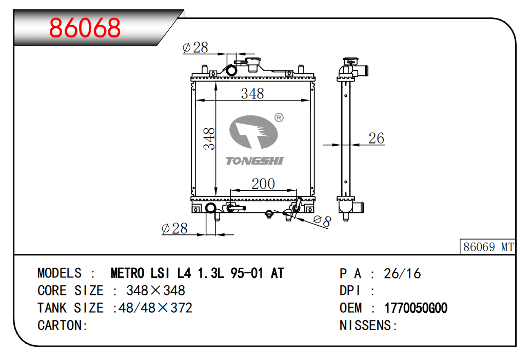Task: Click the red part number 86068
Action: point(85,28)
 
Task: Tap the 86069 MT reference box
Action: point(488,247)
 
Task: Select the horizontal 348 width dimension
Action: point(252,93)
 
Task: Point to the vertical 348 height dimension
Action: point(209,138)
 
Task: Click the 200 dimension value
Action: point(263,184)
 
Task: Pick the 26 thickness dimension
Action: point(376,138)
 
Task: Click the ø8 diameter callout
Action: point(322,222)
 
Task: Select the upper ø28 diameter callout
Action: point(195,48)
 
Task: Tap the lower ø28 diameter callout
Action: point(174,229)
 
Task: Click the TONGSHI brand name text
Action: point(254,161)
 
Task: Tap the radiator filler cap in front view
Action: point(254,64)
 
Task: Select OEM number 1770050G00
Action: point(416,308)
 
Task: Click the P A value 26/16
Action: point(402,273)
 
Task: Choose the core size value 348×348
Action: point(155,291)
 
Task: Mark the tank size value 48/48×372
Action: point(155,308)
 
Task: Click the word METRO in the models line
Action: point(128,273)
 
